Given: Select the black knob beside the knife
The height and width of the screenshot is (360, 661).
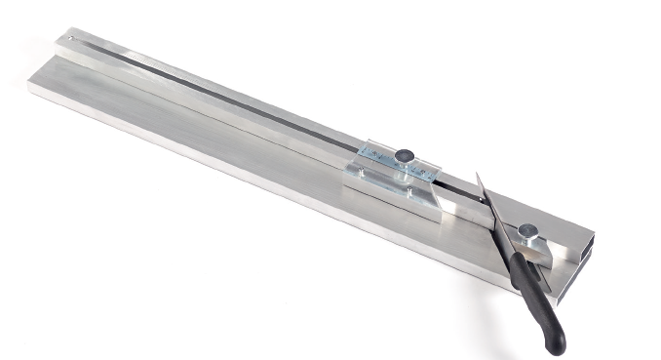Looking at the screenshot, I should pos(528,231).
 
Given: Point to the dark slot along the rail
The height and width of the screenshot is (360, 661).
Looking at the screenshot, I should pos(244,106).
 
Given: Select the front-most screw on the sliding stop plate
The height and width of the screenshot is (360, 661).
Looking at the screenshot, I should pos(364,176).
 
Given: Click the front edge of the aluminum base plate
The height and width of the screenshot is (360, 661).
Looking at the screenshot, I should pos(244,181).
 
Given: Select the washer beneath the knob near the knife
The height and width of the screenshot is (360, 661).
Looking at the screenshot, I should pos(527,239).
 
